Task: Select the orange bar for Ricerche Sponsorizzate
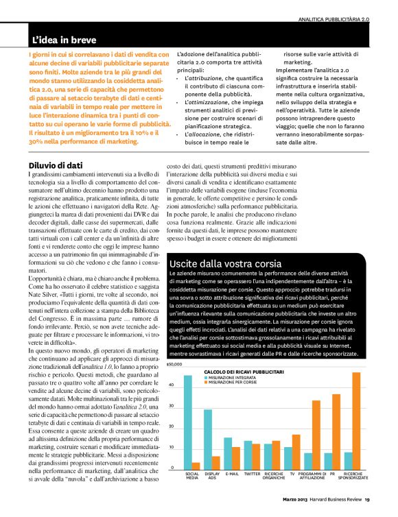click(x=356, y=420)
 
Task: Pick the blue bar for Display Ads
click(x=208, y=438)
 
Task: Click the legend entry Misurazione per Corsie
click(x=231, y=381)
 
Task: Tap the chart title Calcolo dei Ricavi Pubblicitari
click(x=244, y=371)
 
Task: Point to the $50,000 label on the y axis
click(x=174, y=366)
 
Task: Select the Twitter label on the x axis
click(x=252, y=473)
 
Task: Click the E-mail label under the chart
click(x=232, y=473)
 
